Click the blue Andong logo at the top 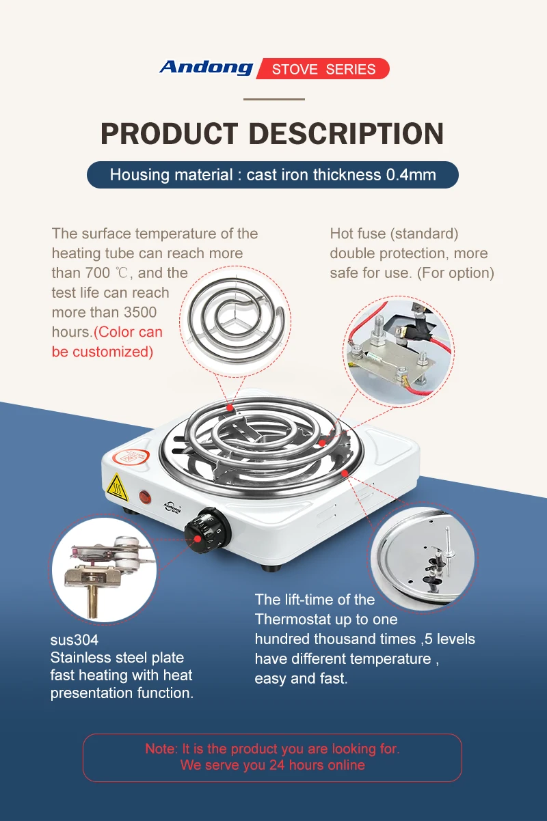coord(206,68)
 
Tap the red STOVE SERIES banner coord(323,68)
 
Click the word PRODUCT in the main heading coord(170,133)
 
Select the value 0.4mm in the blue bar coord(411,175)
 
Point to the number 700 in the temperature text coord(98,273)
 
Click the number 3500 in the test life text coord(140,312)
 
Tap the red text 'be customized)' coord(103,352)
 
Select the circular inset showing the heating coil coord(235,322)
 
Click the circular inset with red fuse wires coord(399,350)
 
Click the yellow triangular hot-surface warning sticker coord(118,488)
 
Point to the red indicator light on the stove coord(145,497)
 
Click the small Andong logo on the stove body coord(172,507)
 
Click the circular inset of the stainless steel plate coord(422,557)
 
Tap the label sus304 coord(75,640)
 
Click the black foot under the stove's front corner coord(271,568)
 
